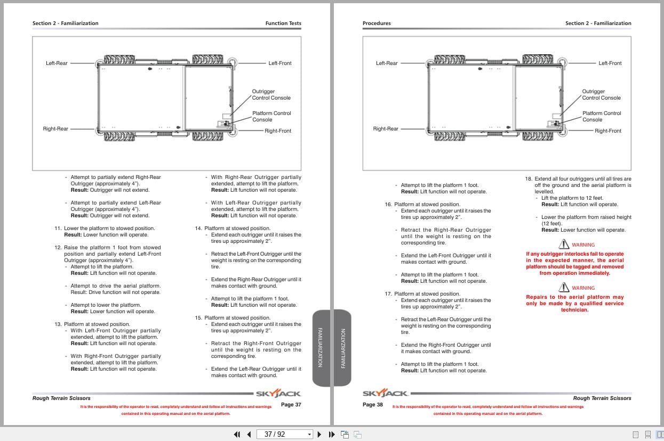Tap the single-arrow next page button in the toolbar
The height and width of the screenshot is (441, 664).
(319, 434)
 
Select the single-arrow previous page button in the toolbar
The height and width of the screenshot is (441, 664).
(249, 434)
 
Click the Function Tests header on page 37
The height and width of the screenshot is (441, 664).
(283, 23)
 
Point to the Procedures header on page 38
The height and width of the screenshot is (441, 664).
(377, 23)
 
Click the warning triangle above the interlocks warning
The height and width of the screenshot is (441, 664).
(564, 244)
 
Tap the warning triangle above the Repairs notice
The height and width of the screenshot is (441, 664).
(564, 288)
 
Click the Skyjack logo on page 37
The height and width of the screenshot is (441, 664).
(278, 394)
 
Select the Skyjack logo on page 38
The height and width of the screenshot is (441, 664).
(386, 394)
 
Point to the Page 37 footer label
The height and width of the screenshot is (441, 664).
(291, 405)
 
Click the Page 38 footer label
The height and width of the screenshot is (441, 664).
(373, 405)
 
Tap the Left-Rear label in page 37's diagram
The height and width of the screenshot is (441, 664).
(57, 63)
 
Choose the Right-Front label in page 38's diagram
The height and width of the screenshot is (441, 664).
(608, 131)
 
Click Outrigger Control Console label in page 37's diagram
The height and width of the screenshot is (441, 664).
(271, 95)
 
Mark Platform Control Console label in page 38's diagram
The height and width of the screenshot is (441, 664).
(602, 116)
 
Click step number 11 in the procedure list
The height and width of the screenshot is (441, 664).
(58, 228)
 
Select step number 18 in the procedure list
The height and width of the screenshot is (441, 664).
(529, 179)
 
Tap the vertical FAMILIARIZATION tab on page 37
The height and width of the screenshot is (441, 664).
(320, 347)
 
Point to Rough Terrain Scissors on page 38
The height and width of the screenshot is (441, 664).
(602, 398)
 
